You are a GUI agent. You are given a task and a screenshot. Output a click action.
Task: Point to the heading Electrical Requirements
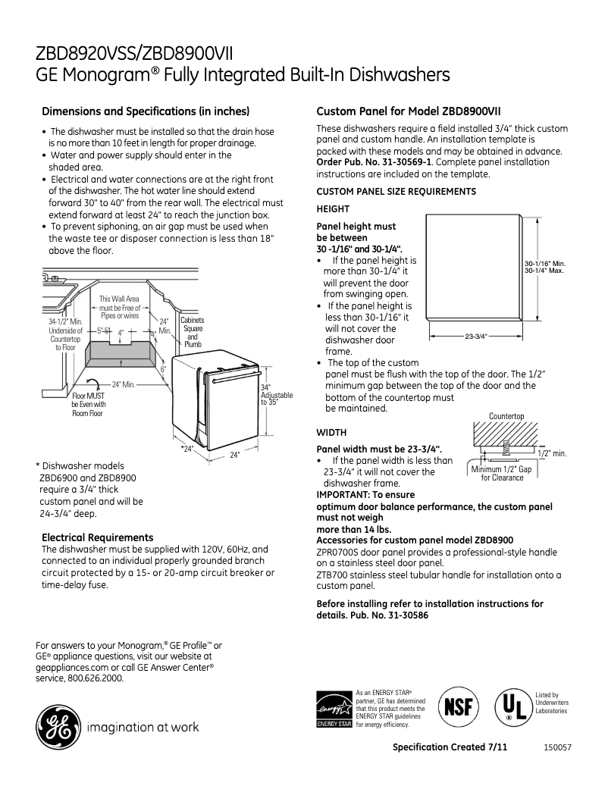(x=97, y=537)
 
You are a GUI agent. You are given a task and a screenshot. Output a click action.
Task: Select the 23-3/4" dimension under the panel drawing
(x=475, y=335)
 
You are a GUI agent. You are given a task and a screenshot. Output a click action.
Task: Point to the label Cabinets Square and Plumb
(x=193, y=332)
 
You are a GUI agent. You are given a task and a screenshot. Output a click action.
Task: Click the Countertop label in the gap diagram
(x=506, y=416)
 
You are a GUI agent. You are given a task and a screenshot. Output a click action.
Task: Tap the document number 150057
(x=557, y=747)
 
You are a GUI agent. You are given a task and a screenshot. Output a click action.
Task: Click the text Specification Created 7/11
(x=450, y=747)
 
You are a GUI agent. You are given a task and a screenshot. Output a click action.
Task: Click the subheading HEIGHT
(x=332, y=208)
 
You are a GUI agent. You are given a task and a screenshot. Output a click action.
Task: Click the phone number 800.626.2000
(x=94, y=678)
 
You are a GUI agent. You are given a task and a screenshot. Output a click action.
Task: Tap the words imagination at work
(x=144, y=728)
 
